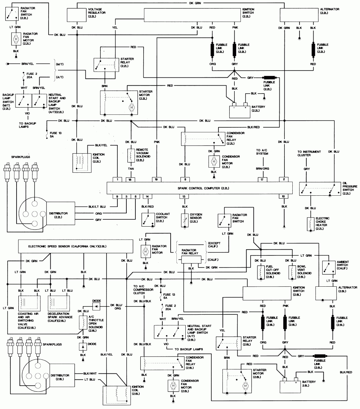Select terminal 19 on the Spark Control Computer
coord(156,179)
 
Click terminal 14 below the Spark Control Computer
coord(147,196)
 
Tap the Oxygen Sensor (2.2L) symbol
coord(184,218)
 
